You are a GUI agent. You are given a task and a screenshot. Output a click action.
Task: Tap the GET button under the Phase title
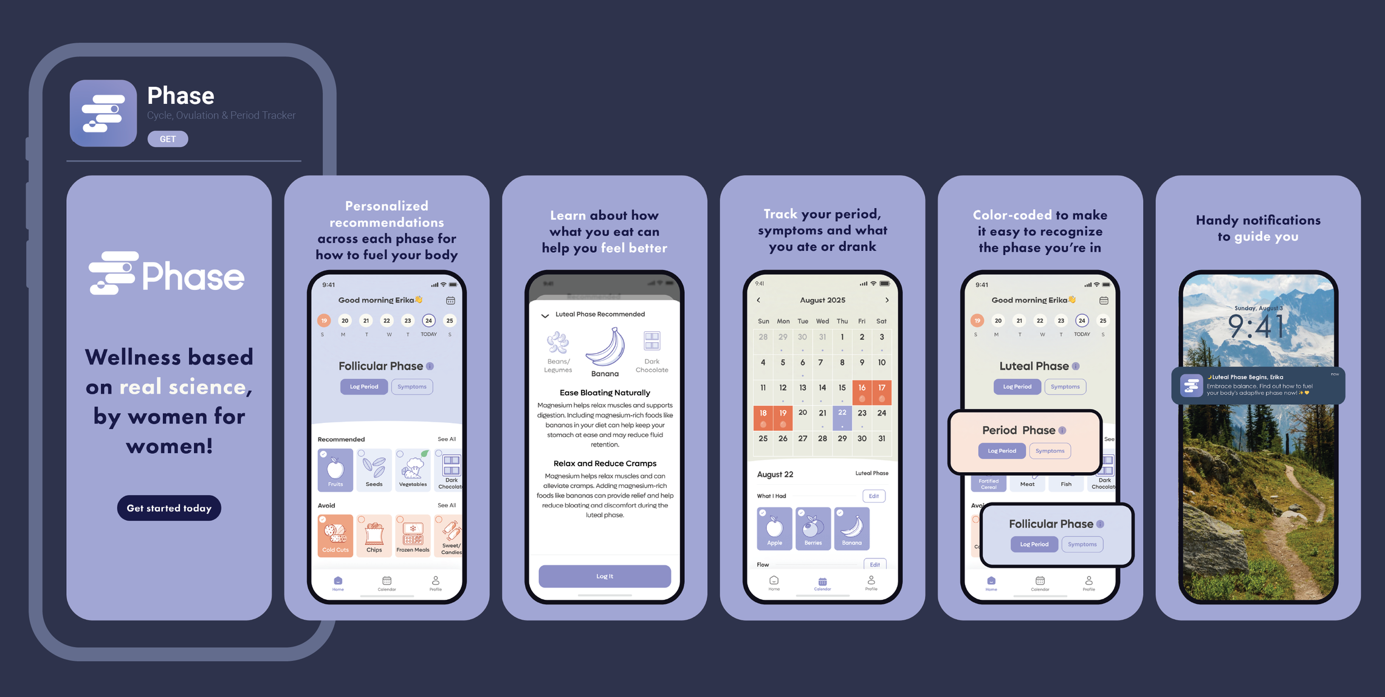click(x=168, y=139)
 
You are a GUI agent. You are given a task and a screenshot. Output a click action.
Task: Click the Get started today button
click(x=169, y=508)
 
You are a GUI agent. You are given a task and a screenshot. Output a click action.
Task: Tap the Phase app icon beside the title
click(x=103, y=113)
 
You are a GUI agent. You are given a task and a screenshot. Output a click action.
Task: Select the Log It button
click(x=605, y=576)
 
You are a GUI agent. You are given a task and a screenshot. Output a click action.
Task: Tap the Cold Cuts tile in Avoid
click(x=335, y=535)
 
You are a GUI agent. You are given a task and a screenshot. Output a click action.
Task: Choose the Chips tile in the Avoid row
click(x=374, y=535)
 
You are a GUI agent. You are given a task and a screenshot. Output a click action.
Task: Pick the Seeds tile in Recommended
click(x=374, y=469)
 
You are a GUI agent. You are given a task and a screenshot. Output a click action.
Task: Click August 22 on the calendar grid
click(x=842, y=415)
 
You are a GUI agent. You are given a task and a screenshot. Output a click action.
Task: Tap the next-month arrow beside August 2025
click(x=887, y=300)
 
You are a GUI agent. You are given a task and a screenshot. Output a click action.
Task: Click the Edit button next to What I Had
click(x=873, y=496)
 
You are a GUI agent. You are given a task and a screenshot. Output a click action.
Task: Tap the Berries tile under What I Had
click(x=813, y=528)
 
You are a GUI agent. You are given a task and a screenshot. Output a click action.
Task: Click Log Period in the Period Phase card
click(x=1002, y=451)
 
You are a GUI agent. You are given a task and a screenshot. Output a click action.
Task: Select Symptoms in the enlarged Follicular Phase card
click(x=1082, y=544)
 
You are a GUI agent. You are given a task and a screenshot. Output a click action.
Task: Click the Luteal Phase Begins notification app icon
click(x=1192, y=385)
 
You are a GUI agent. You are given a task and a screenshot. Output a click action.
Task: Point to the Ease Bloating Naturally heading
click(x=605, y=393)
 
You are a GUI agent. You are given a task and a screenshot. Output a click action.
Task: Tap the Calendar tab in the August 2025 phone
click(x=822, y=583)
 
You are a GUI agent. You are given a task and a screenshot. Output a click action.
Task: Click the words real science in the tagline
click(x=182, y=387)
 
